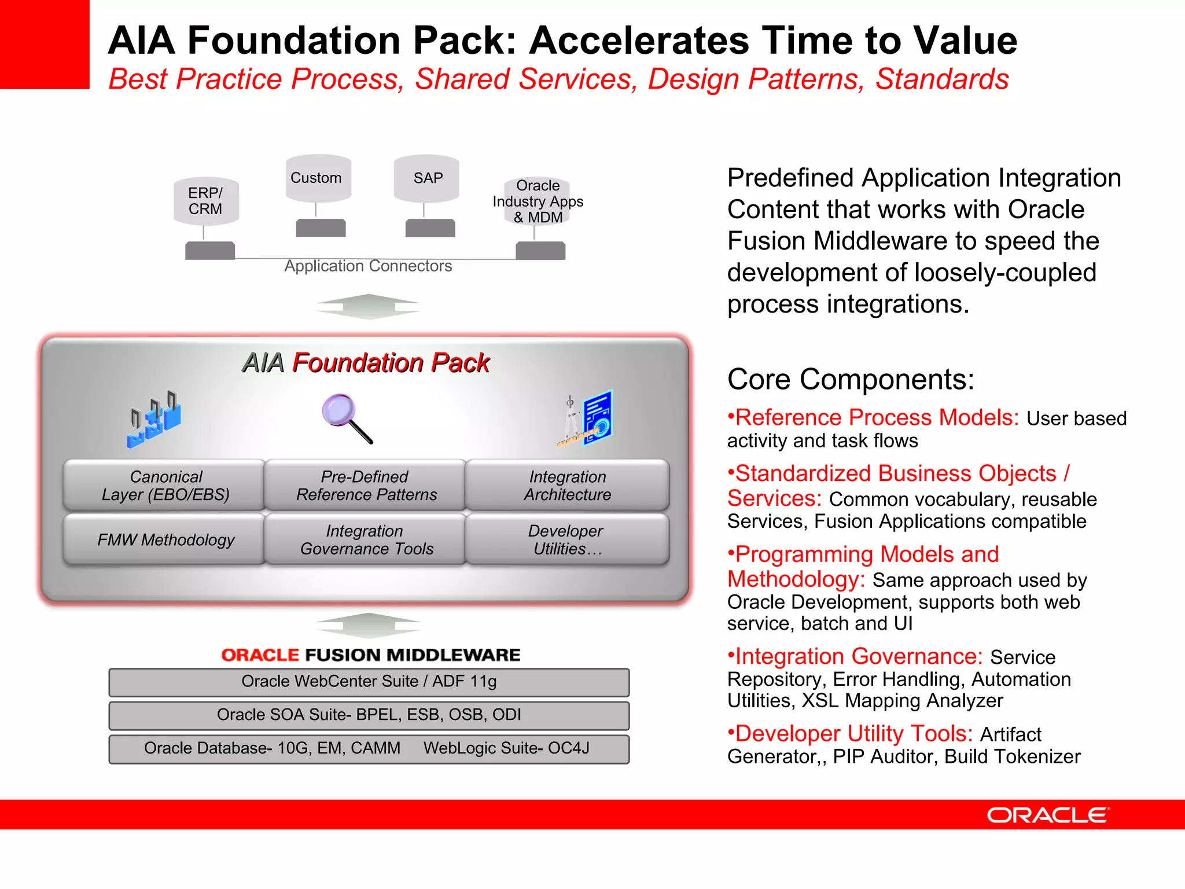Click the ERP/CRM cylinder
[x=206, y=201]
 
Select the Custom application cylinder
[x=318, y=178]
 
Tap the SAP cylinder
[x=426, y=178]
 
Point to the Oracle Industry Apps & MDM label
[x=538, y=201]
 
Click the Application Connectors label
[x=368, y=266]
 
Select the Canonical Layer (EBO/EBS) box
[x=165, y=485]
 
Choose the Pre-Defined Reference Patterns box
[x=366, y=485]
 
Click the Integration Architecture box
[x=567, y=485]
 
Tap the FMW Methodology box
[x=165, y=539]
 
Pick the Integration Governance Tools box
[x=366, y=539]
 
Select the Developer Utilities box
[x=567, y=539]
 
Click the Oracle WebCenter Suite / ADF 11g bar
[x=369, y=682]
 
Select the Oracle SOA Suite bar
[x=369, y=715]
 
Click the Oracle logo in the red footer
[x=1048, y=815]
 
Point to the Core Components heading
[x=851, y=380]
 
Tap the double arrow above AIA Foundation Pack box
[x=368, y=307]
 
